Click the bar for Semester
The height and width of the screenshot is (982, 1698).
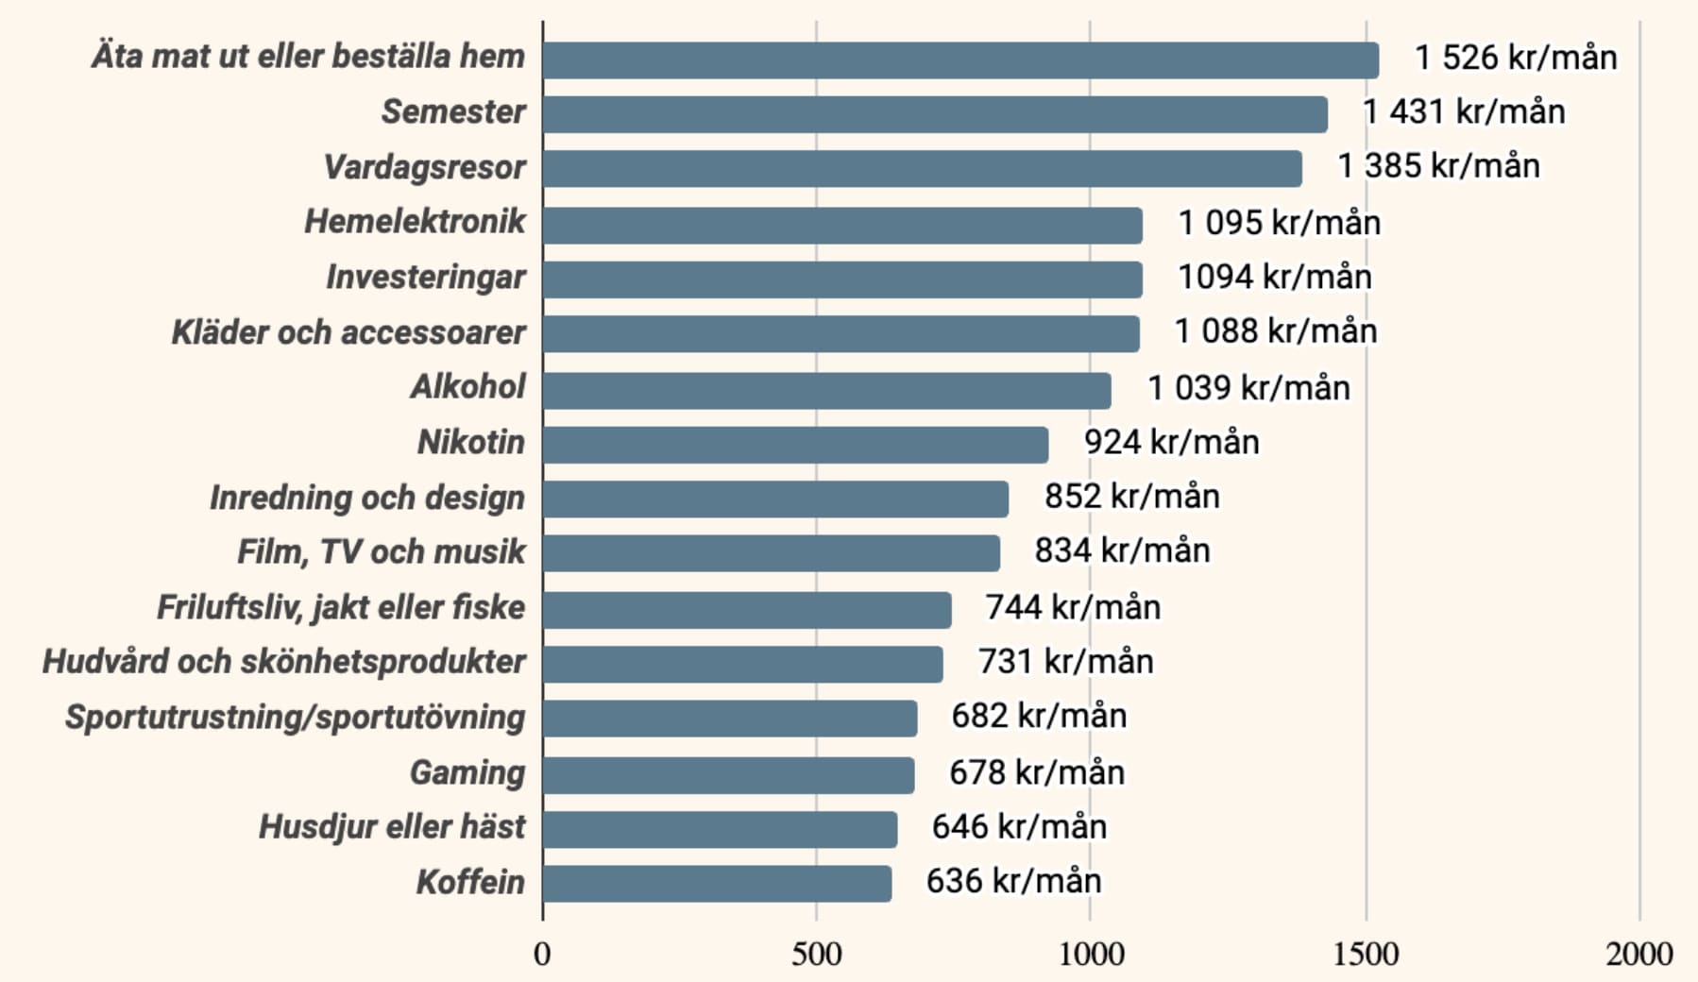tap(935, 114)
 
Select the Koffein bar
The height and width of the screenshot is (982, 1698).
tap(717, 884)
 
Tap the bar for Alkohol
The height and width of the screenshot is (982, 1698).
tap(826, 390)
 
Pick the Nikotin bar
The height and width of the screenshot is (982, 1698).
tap(795, 445)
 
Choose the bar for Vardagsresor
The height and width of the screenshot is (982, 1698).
tap(922, 169)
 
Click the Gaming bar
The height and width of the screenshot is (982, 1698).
tap(728, 775)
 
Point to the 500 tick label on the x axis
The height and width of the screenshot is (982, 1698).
tap(816, 955)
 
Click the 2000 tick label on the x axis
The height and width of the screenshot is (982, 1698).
tap(1639, 955)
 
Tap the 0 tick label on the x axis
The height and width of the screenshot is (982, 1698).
tap(542, 955)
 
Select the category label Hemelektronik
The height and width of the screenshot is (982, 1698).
tap(415, 222)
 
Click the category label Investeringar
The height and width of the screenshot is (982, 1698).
tap(426, 278)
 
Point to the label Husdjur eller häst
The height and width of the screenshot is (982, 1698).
tap(392, 827)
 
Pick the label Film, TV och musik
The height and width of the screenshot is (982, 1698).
tap(381, 552)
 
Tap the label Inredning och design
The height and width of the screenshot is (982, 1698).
tap(366, 498)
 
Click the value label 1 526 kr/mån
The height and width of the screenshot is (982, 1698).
tap(1516, 58)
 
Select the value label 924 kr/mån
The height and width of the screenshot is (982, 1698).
tap(1171, 442)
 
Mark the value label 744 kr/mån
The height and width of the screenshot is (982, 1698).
tap(1073, 607)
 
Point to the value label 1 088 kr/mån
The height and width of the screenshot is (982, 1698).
tap(1276, 331)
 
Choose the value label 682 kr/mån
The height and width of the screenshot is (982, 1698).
tap(1039, 716)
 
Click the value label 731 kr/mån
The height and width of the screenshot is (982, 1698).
tap(1065, 661)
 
